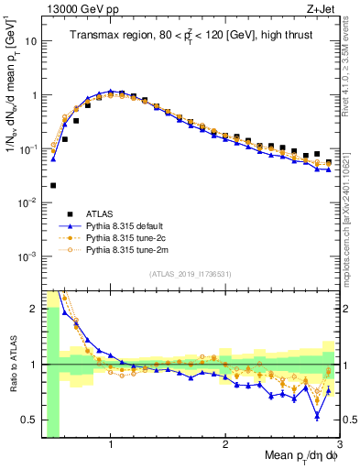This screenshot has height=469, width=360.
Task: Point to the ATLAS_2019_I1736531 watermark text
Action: pos(190,274)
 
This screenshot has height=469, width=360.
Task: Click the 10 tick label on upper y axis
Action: pos(29,41)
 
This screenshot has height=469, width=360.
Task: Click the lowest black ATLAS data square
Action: pos(53,185)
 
